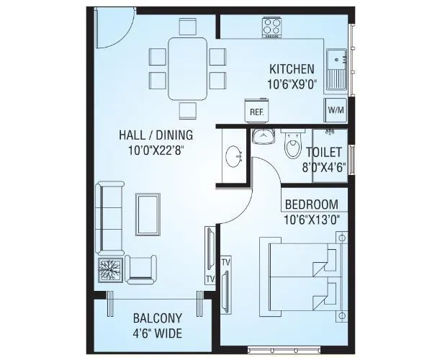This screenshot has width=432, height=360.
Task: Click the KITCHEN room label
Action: [x=292, y=69]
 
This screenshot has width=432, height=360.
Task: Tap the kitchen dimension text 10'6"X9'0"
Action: [x=292, y=83]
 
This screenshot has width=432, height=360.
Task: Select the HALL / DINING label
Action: [x=152, y=135]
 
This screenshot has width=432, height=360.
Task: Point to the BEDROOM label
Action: [x=312, y=203]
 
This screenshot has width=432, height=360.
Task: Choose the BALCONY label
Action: [x=158, y=318]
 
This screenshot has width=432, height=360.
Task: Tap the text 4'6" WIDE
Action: [x=158, y=333]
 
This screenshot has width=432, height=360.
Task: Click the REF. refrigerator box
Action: [x=256, y=112]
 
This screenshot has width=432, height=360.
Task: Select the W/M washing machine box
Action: [x=335, y=110]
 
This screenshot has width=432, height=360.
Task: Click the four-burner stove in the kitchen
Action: [x=272, y=27]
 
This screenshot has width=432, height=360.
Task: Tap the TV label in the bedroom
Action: [x=225, y=261]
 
